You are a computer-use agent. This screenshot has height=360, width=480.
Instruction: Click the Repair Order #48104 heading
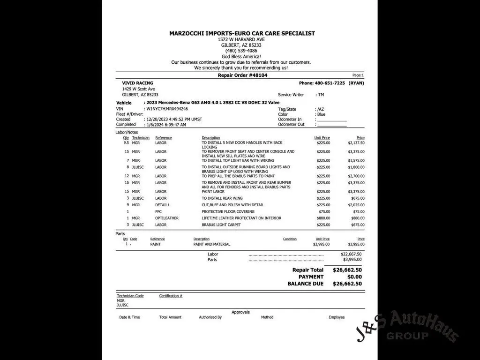(242, 75)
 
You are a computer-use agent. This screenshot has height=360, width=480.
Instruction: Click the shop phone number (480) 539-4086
(241, 51)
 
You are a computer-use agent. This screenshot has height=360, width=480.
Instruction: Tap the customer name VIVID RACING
(137, 83)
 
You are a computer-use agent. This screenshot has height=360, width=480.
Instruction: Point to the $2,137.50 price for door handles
(356, 143)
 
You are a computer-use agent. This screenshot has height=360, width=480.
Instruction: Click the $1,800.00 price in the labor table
(356, 167)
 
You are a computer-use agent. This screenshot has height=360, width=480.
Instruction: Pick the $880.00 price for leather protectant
(357, 218)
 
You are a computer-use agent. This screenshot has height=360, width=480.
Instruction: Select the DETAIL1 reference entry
(162, 205)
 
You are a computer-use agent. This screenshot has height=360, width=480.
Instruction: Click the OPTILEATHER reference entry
(167, 218)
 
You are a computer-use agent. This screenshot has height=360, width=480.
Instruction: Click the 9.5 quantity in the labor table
(126, 143)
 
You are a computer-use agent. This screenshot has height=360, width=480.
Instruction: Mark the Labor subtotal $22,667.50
(351, 254)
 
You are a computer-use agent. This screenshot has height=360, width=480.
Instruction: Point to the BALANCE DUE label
(305, 284)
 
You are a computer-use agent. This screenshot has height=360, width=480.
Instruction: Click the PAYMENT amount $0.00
(354, 277)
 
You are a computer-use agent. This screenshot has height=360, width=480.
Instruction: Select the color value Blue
(321, 114)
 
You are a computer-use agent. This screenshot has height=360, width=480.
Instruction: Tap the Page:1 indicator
(358, 75)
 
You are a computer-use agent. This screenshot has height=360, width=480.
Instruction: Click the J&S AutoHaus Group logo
(406, 327)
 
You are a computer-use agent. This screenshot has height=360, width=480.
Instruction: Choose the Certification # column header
(171, 296)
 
